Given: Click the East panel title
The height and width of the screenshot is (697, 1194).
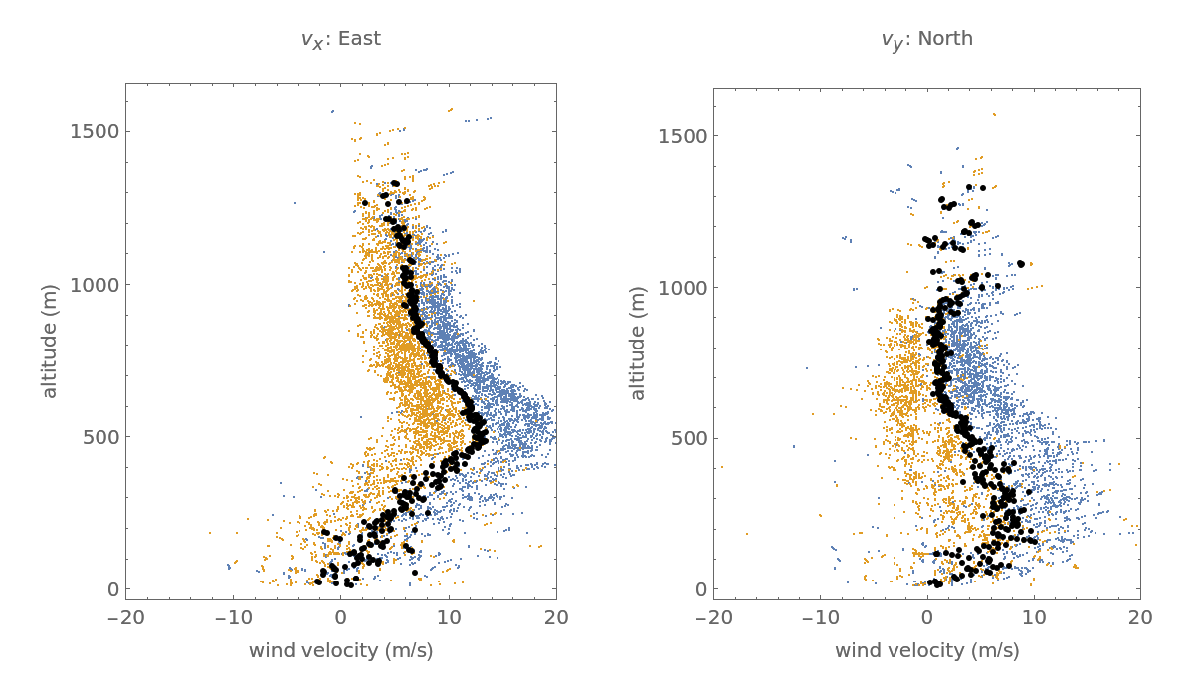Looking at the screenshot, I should [x=340, y=39].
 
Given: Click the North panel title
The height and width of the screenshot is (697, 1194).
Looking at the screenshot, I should [x=926, y=39].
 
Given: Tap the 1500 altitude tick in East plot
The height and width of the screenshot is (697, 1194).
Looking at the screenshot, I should [x=96, y=131].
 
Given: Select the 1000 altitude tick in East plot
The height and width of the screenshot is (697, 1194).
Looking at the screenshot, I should [x=96, y=284].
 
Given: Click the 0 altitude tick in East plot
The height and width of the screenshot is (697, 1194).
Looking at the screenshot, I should [x=112, y=588].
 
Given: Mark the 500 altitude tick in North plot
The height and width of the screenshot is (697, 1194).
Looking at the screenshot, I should [x=688, y=437].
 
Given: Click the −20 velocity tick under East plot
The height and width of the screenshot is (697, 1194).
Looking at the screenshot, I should [x=125, y=617].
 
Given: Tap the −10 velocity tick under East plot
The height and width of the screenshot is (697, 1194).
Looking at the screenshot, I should [x=233, y=617].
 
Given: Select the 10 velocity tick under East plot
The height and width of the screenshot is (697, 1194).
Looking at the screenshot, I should [x=449, y=617].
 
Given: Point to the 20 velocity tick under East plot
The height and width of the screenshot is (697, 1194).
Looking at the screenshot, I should [x=556, y=617].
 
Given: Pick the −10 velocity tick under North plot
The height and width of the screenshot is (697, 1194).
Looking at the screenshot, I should [x=820, y=617].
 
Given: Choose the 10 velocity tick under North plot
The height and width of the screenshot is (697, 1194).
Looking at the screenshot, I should [x=1034, y=617].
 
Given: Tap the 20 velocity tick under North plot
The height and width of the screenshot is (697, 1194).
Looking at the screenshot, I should [x=1140, y=617].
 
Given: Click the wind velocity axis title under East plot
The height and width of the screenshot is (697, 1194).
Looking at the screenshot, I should [x=340, y=650].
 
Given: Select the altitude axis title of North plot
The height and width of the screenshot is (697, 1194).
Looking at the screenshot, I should [x=638, y=343].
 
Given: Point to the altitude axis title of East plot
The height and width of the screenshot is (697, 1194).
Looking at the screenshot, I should [x=50, y=341].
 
